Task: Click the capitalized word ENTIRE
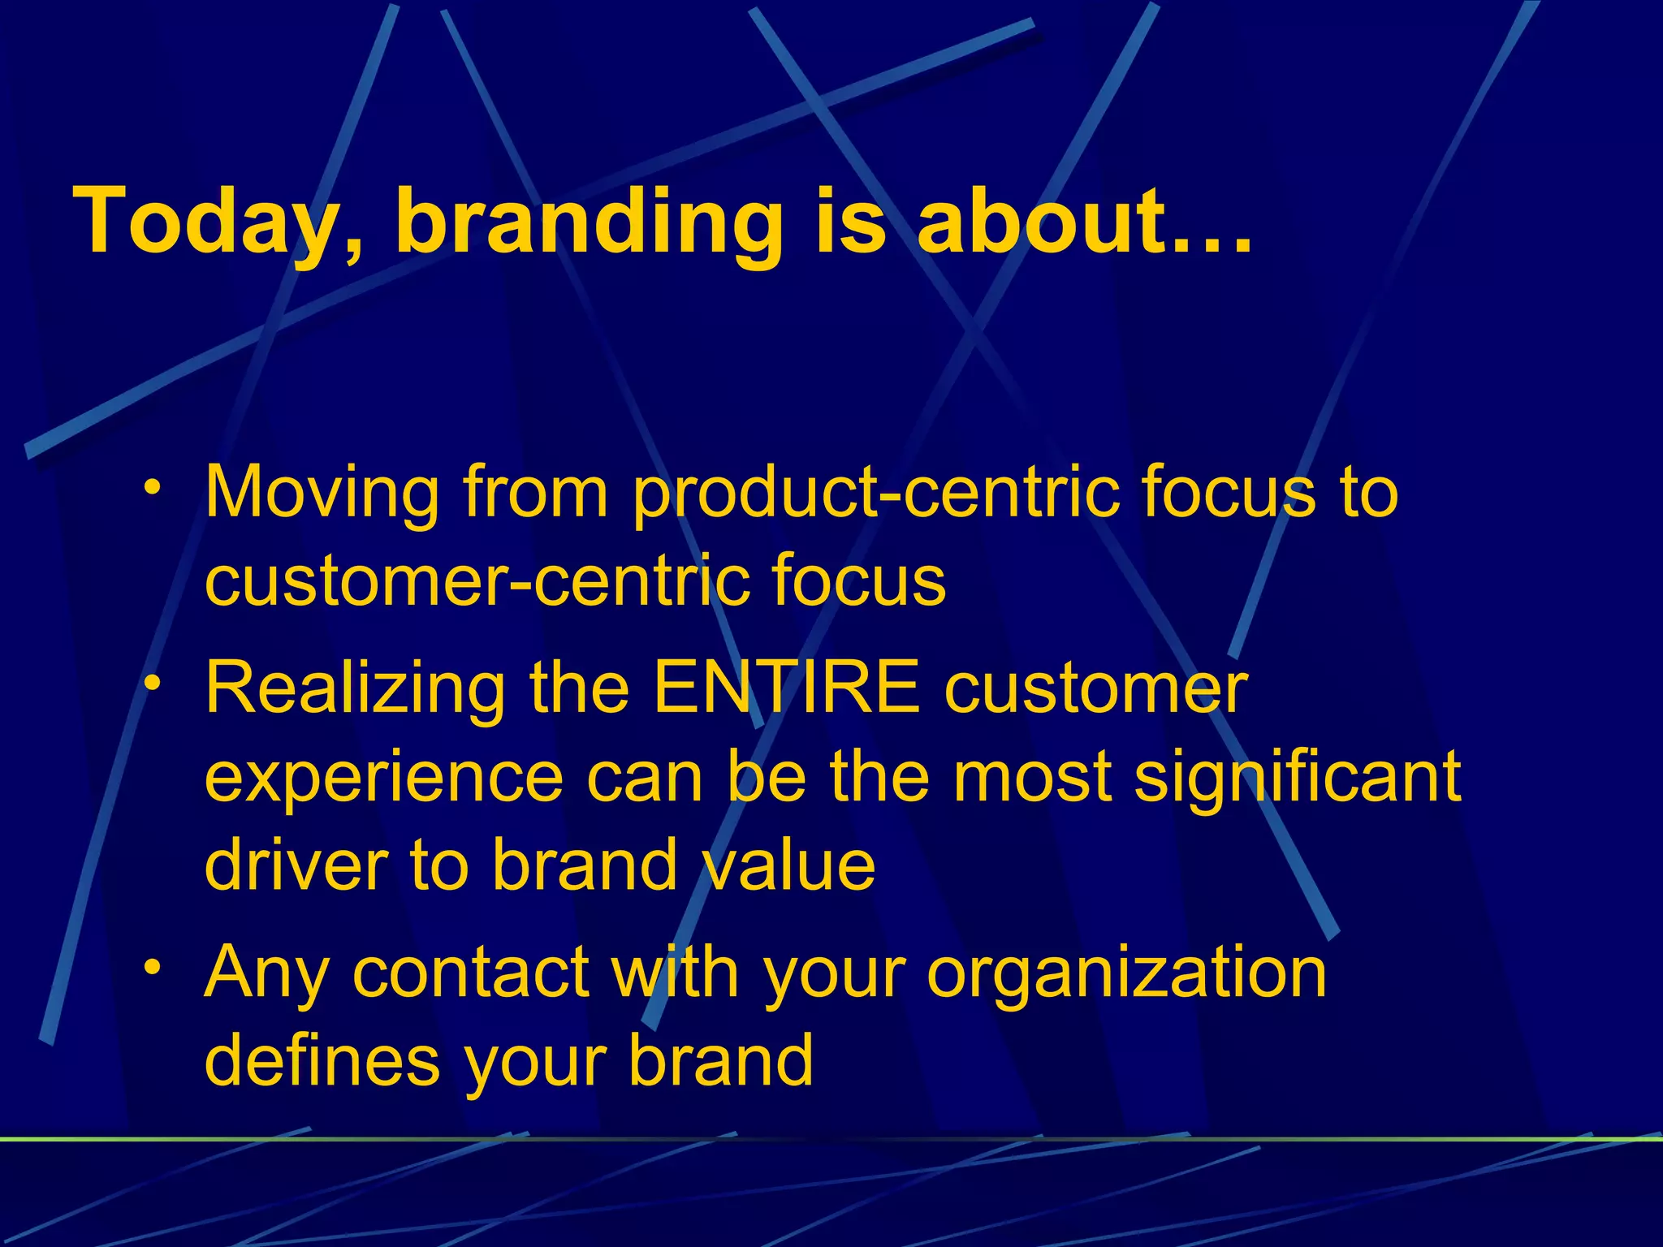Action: (786, 688)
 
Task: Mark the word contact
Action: (471, 972)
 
